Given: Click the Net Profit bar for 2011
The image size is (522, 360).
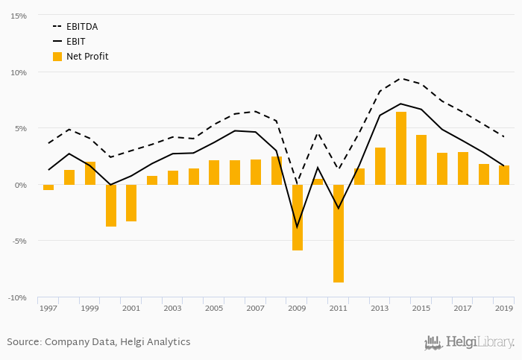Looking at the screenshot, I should [x=339, y=233].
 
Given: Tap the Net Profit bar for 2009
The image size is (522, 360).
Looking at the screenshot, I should [x=298, y=218].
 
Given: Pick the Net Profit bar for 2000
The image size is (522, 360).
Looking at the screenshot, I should [x=110, y=206].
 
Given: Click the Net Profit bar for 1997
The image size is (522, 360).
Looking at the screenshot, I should [x=48, y=188].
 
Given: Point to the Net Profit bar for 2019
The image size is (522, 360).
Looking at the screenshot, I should [x=504, y=175].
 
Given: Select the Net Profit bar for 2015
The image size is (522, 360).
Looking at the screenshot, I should [x=421, y=160].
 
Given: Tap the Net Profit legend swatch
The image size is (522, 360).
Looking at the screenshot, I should [x=57, y=57].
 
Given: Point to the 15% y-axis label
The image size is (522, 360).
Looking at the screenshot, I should [x=19, y=16].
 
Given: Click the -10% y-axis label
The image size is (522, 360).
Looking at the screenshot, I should [x=17, y=298].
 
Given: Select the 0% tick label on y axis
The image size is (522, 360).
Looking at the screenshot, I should [x=21, y=185].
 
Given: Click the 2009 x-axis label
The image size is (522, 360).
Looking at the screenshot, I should [x=298, y=308].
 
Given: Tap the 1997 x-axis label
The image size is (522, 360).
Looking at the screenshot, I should [x=48, y=308].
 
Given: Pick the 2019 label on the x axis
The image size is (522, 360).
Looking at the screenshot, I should [x=504, y=308].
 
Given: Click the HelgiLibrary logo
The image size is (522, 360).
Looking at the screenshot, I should [x=469, y=343].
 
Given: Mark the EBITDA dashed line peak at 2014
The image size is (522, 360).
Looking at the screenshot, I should [x=401, y=78].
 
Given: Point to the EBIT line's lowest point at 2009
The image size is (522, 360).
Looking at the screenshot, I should [x=298, y=227].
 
